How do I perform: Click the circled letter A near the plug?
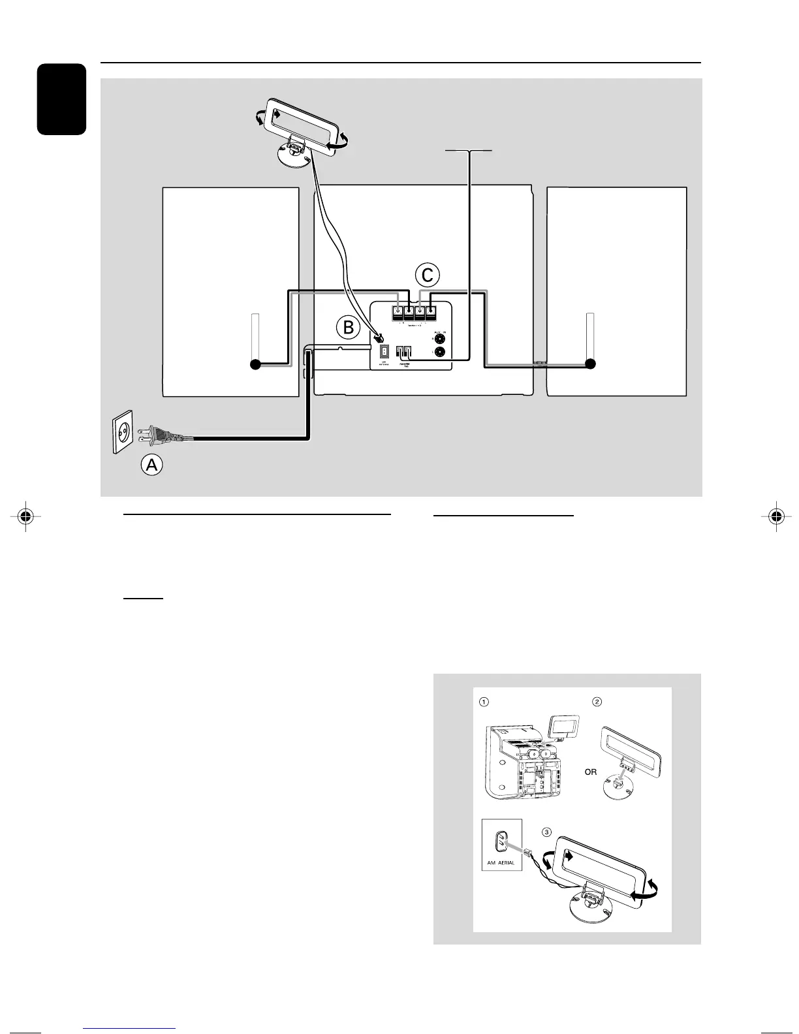click(x=152, y=465)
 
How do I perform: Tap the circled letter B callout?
click(x=348, y=327)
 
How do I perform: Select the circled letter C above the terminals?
click(x=427, y=275)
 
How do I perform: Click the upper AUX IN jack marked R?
click(x=441, y=338)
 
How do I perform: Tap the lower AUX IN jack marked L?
click(x=441, y=352)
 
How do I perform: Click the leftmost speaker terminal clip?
click(x=398, y=312)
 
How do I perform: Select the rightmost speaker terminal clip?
click(x=431, y=312)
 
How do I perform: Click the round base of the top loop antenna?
click(x=292, y=157)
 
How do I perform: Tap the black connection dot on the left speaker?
click(x=255, y=365)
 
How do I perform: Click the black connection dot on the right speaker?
click(x=591, y=364)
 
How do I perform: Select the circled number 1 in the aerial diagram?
click(x=484, y=702)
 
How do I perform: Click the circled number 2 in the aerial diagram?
click(x=597, y=702)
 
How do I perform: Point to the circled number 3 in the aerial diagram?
click(x=547, y=832)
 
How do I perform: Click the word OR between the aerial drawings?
click(x=590, y=772)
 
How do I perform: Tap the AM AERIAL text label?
click(x=501, y=862)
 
